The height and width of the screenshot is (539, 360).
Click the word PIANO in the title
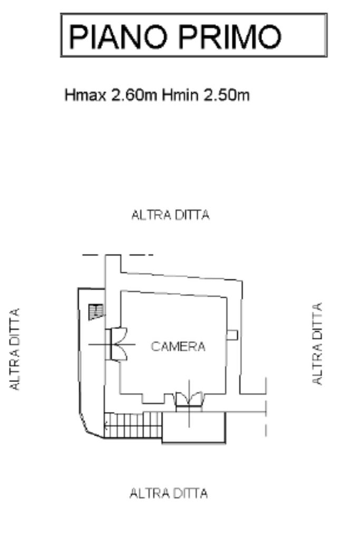[118, 36]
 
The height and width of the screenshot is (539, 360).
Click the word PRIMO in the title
[230, 36]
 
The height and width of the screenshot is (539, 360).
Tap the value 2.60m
[134, 95]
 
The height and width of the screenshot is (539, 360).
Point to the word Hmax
[85, 95]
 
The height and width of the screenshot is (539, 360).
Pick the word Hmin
[180, 95]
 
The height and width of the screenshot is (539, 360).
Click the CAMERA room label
[178, 347]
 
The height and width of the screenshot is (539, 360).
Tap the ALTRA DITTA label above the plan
[171, 215]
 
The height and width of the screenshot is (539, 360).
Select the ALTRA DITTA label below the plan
[169, 494]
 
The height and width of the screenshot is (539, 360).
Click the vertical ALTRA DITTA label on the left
[14, 349]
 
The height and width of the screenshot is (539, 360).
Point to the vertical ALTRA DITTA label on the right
[317, 344]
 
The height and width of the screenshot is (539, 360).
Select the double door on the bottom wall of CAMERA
[189, 401]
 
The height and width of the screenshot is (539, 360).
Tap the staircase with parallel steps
[133, 425]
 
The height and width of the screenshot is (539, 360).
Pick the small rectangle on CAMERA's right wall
[232, 335]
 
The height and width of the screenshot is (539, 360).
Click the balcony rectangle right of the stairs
[193, 428]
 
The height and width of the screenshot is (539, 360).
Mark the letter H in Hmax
[69, 95]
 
